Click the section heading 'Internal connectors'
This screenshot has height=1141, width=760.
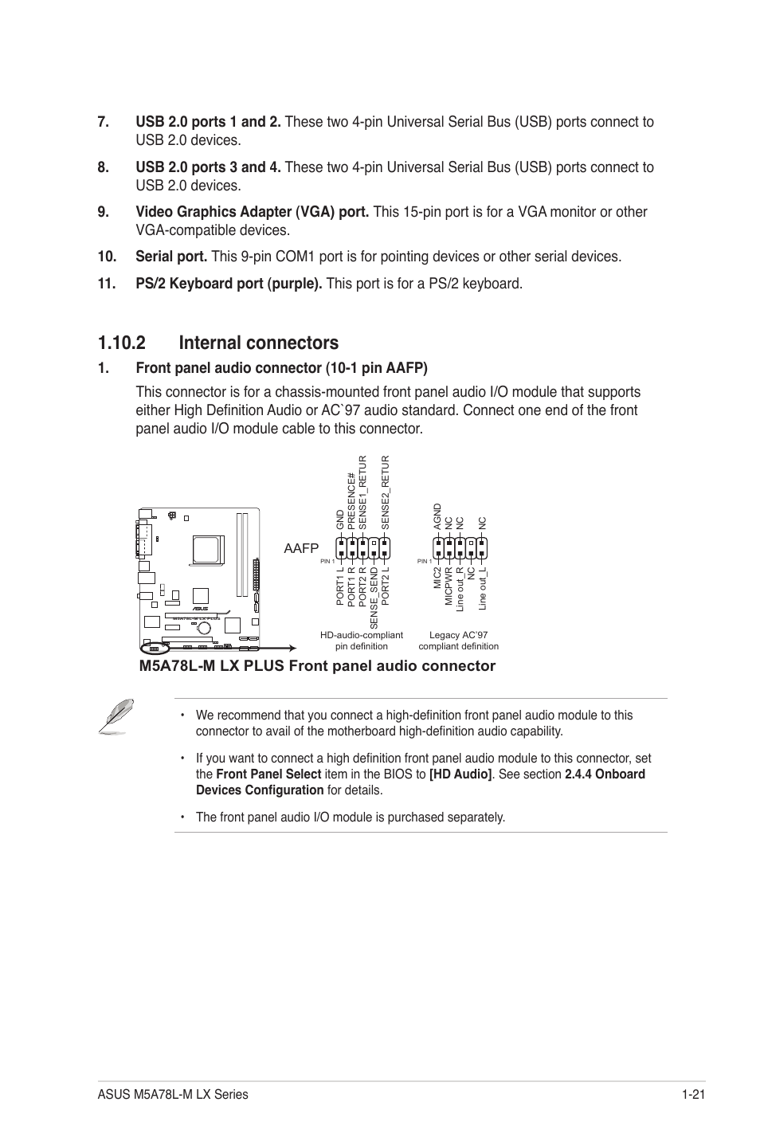[258, 343]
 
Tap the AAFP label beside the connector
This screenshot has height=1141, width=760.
[301, 548]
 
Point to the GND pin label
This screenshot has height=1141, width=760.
[340, 520]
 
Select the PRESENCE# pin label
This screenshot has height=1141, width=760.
[351, 501]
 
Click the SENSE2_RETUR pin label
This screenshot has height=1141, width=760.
[386, 492]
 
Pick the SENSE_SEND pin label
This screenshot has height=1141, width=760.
[374, 597]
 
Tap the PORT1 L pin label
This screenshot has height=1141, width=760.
[340, 586]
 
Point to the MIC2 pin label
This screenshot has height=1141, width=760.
[437, 578]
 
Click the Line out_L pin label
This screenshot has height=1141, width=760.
[482, 588]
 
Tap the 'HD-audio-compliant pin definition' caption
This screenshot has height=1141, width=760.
[361, 641]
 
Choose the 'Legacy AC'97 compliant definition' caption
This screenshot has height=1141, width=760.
[458, 641]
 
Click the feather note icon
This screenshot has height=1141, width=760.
[116, 715]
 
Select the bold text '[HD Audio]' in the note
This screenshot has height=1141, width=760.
[460, 774]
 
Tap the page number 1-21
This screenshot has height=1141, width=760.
[694, 1095]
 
